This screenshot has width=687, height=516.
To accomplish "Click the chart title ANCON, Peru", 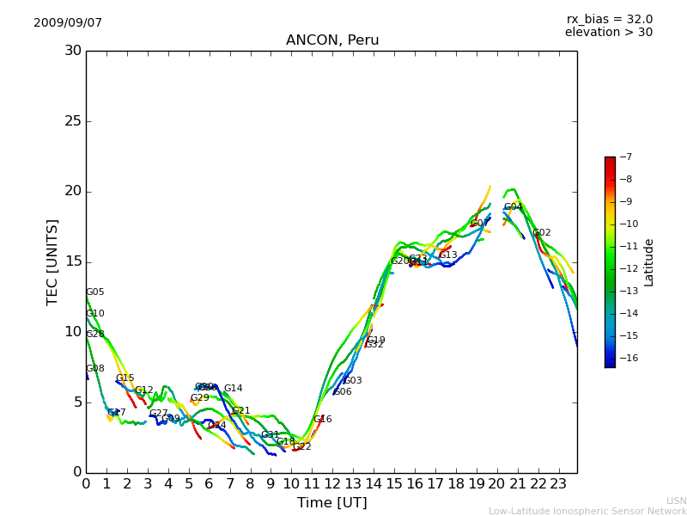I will tap(332, 40).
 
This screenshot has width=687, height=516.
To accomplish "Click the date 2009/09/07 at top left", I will tap(68, 23).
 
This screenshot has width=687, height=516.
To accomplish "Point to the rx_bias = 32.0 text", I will tap(609, 20).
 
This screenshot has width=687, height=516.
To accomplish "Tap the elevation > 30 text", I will tap(608, 33).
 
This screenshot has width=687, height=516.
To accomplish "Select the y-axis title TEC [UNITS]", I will tap(52, 261).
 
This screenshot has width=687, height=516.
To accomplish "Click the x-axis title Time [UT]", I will tap(331, 502).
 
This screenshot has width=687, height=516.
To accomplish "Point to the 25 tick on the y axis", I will tap(73, 121).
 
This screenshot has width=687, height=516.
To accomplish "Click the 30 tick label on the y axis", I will tap(73, 51).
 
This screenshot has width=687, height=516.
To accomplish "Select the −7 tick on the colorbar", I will tap(625, 157).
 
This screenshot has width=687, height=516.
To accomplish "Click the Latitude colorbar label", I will tap(649, 261).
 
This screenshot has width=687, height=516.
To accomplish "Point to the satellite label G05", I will tap(95, 292).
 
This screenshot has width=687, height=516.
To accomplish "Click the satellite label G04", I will tap(513, 207).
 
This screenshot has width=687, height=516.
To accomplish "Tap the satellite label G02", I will tap(542, 233).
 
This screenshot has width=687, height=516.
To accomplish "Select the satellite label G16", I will tap(322, 420).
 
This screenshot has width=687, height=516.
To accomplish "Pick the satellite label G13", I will tap(448, 255).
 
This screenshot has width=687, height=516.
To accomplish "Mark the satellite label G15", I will tap(125, 378).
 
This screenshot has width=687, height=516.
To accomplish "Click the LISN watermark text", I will tap(676, 501).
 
